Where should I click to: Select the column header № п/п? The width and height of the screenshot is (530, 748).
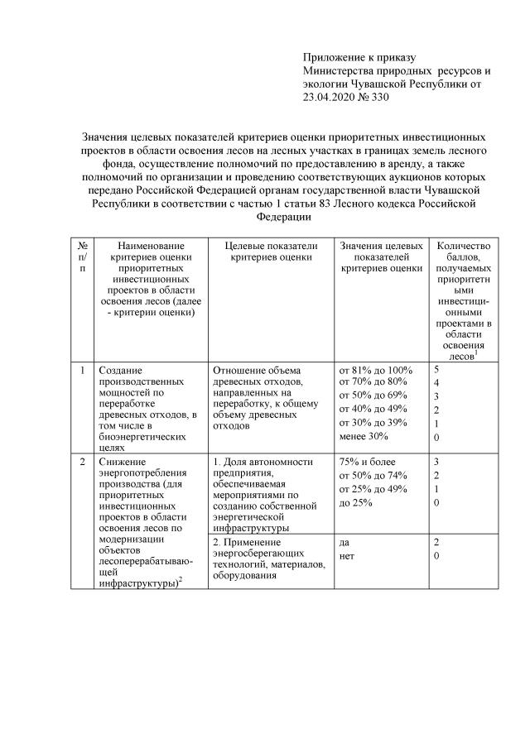click(x=83, y=257)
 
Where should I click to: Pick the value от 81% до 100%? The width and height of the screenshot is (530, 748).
click(x=376, y=369)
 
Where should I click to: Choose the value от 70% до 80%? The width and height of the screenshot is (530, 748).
click(x=373, y=381)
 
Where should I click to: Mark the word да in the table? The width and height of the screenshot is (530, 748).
click(x=344, y=542)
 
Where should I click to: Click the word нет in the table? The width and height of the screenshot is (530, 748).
click(x=347, y=556)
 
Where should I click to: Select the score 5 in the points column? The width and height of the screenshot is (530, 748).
click(x=437, y=369)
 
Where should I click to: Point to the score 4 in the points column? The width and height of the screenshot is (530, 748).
click(x=437, y=382)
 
